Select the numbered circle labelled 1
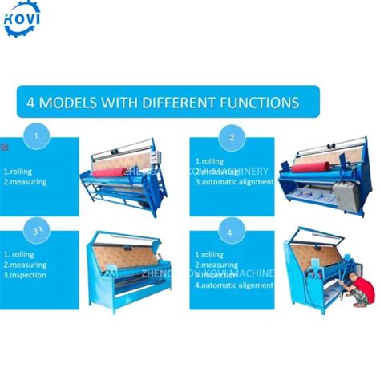34,136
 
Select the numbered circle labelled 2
232,137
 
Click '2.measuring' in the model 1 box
25,182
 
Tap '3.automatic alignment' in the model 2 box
233,182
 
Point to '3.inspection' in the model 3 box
26,275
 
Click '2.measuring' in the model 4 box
217,265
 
